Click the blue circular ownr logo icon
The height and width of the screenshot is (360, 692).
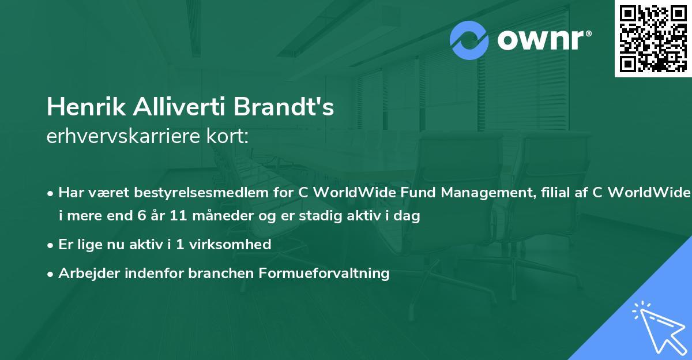click(x=469, y=40)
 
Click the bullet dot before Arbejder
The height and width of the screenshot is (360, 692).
click(x=51, y=273)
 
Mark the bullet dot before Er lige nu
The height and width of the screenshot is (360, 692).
click(x=51, y=245)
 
